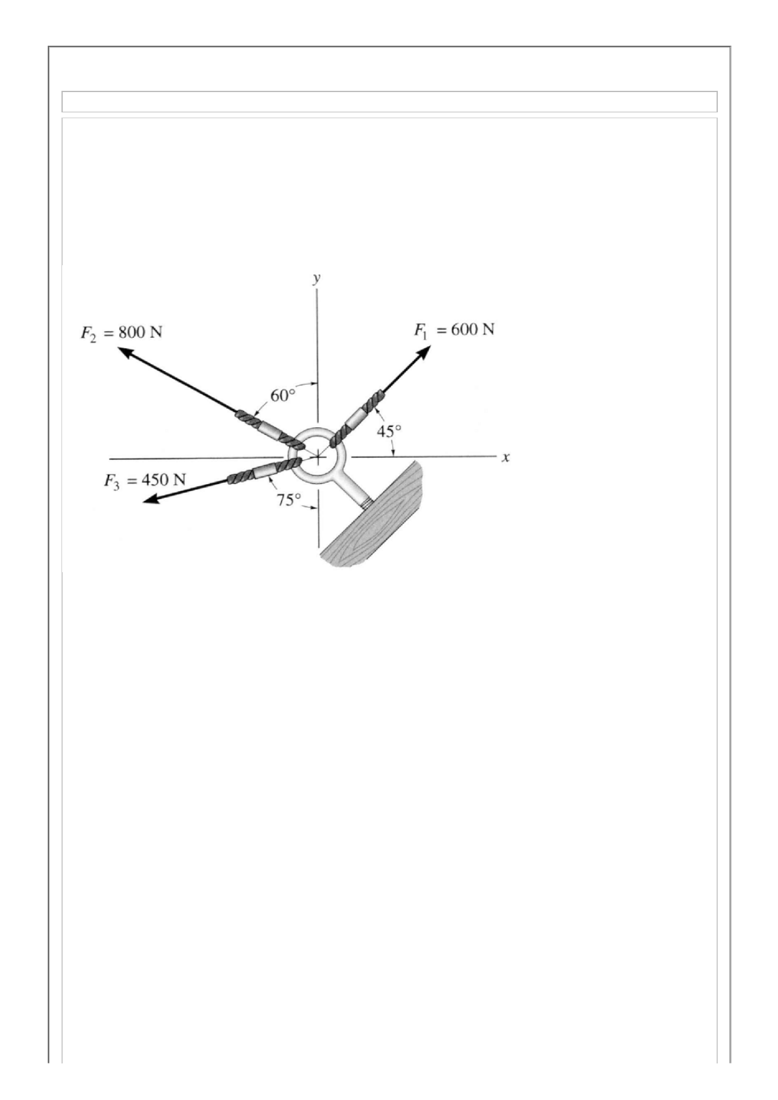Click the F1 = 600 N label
[x=454, y=330]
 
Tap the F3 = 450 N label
[x=144, y=481]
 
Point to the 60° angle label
[x=284, y=396]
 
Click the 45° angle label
[x=390, y=431]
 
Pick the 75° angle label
[x=288, y=500]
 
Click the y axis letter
[x=316, y=279]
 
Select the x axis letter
[x=505, y=458]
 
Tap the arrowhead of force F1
[x=424, y=353]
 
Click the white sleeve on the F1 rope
[x=354, y=417]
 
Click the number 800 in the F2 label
[x=131, y=332]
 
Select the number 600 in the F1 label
[x=464, y=330]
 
